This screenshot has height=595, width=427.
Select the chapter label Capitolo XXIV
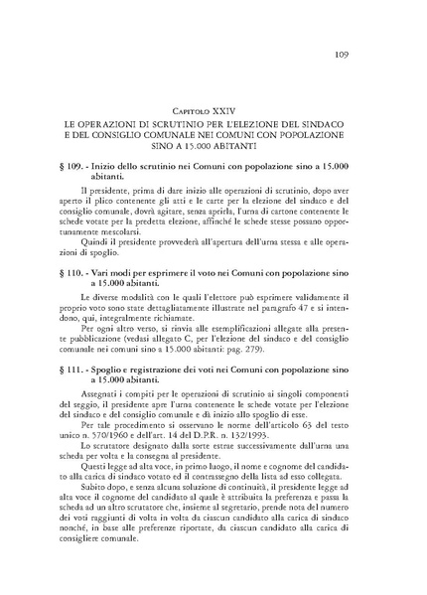coord(214,101)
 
